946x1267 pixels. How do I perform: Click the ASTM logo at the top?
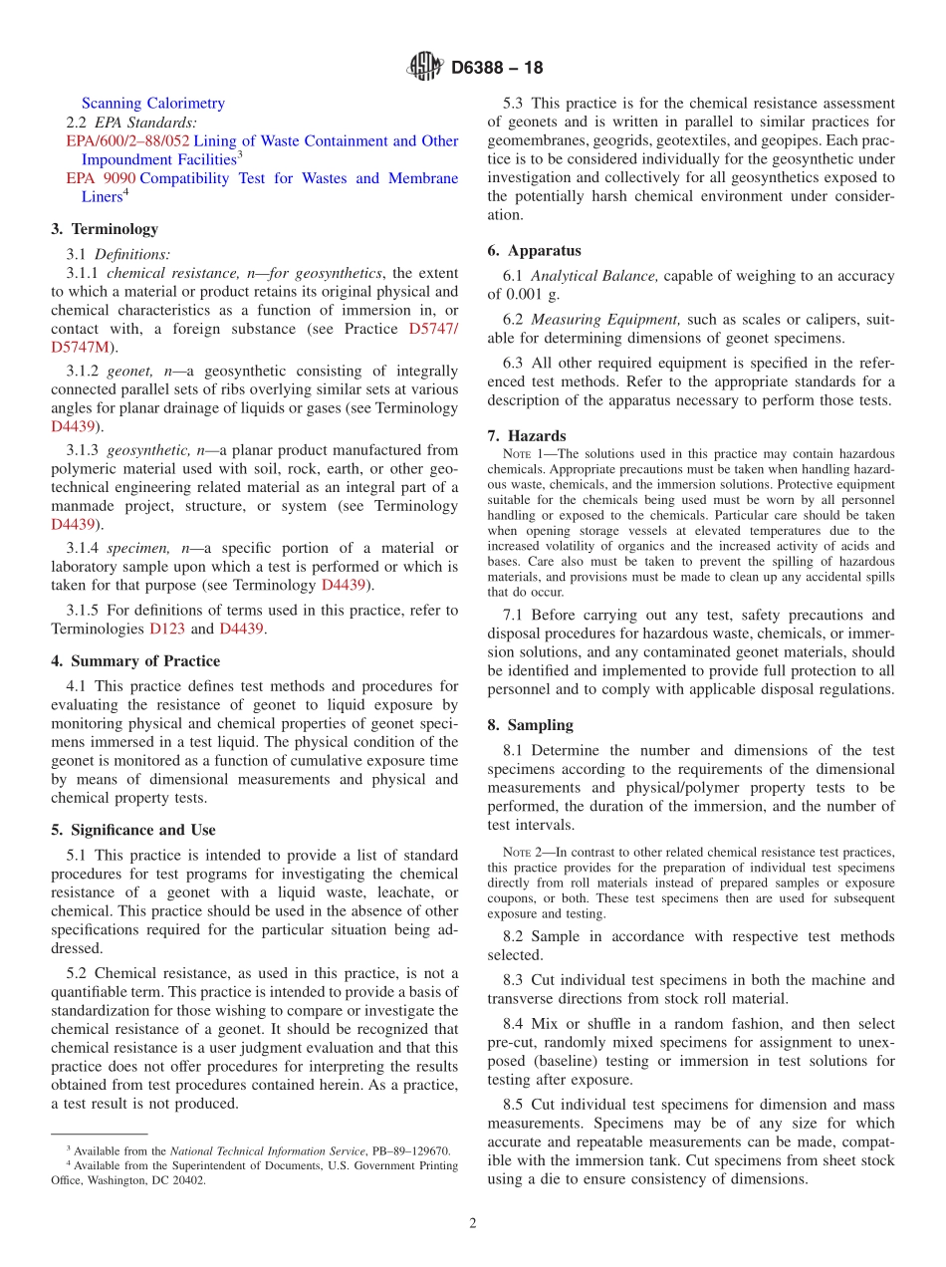425,68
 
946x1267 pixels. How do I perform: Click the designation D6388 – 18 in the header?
497,69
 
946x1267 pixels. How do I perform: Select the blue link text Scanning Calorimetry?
152,103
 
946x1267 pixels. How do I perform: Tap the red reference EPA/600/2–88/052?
127,140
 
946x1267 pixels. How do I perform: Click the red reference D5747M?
83,347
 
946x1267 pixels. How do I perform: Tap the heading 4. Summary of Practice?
135,661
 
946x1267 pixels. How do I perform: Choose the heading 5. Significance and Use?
132,830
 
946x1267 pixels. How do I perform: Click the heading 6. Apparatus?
534,251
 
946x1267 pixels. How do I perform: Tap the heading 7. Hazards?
527,436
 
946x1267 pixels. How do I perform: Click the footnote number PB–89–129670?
410,1150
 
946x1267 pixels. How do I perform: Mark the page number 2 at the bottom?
473,1224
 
